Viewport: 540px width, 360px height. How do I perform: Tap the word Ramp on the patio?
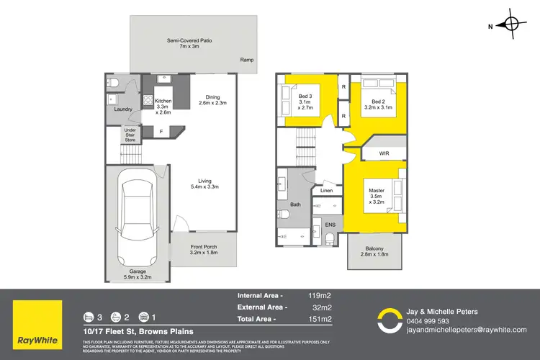(247, 60)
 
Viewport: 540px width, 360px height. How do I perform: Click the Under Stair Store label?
(130, 135)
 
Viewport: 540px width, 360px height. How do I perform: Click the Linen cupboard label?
(325, 191)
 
